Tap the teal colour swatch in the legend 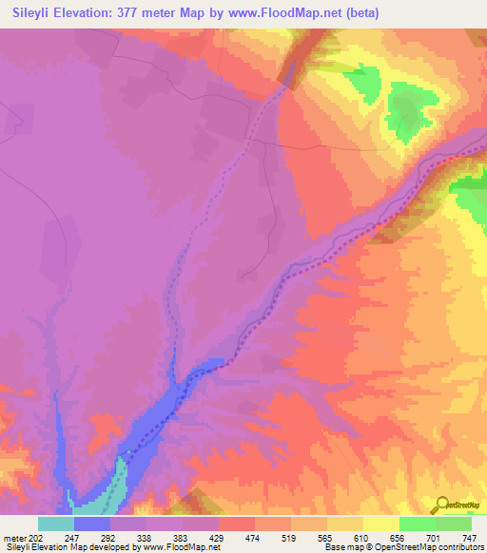click(x=56, y=524)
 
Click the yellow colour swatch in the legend click(x=345, y=524)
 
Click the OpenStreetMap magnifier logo click(x=441, y=505)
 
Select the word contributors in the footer click(x=460, y=547)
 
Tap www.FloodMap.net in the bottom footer click(x=177, y=547)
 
